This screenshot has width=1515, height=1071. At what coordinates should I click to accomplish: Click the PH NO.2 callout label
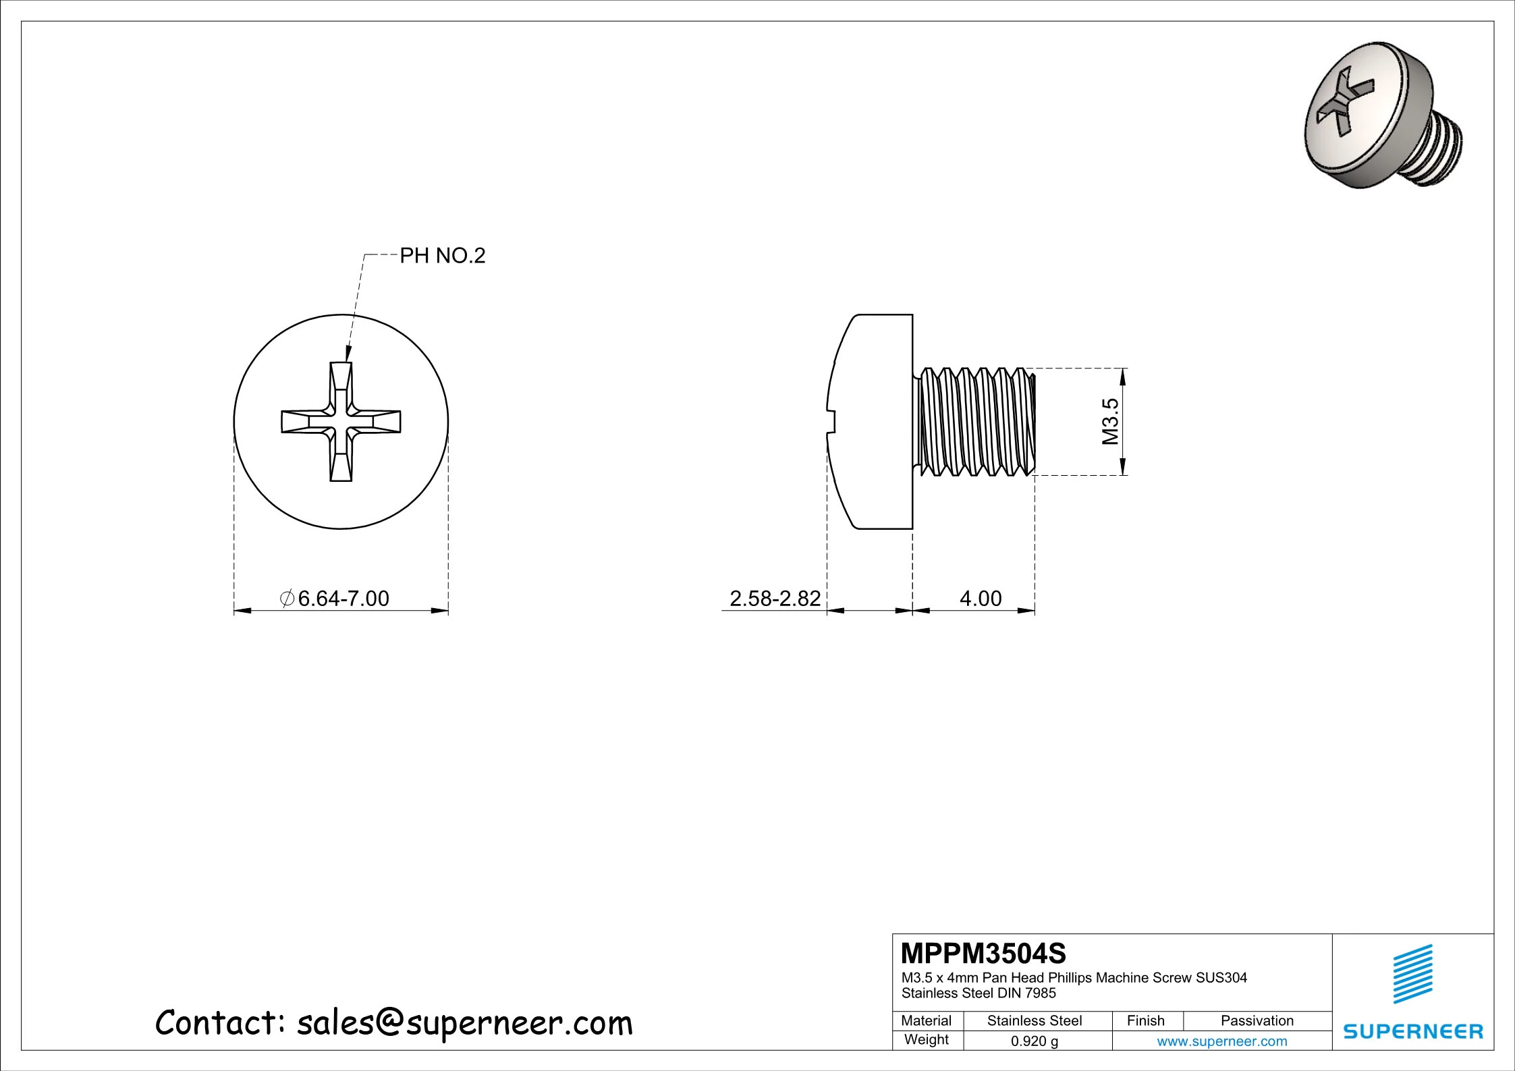443,256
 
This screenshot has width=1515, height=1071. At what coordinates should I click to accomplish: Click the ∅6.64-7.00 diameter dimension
335,599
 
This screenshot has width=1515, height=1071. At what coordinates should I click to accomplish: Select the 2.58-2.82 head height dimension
775,599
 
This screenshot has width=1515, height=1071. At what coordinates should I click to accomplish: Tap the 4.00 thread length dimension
981,599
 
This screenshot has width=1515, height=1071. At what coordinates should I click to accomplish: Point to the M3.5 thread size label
1110,422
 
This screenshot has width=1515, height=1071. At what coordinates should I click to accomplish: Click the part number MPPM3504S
983,954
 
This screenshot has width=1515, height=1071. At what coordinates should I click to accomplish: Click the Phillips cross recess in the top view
341,422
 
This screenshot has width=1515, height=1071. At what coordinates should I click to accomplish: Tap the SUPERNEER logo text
1413,1032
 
